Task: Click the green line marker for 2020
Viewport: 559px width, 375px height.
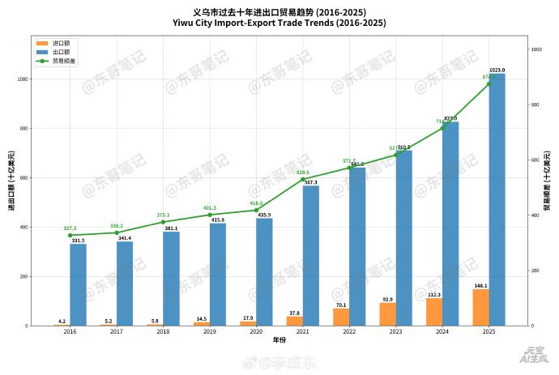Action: coord(256,211)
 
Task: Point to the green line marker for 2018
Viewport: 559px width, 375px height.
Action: coord(163,222)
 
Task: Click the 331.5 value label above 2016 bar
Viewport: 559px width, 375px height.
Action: coord(78,241)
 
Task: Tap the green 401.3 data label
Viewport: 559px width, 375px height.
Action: coord(210,208)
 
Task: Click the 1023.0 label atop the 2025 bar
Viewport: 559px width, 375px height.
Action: coord(497,70)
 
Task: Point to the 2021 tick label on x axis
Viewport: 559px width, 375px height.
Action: coord(303,332)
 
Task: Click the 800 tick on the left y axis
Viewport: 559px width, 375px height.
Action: coord(22,129)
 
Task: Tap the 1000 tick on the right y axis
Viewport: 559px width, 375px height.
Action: coord(536,50)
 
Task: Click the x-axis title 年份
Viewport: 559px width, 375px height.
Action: coord(279,340)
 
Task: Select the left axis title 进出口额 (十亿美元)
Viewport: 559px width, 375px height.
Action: coord(11,181)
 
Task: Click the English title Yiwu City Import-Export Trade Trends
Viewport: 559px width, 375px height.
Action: coord(279,23)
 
